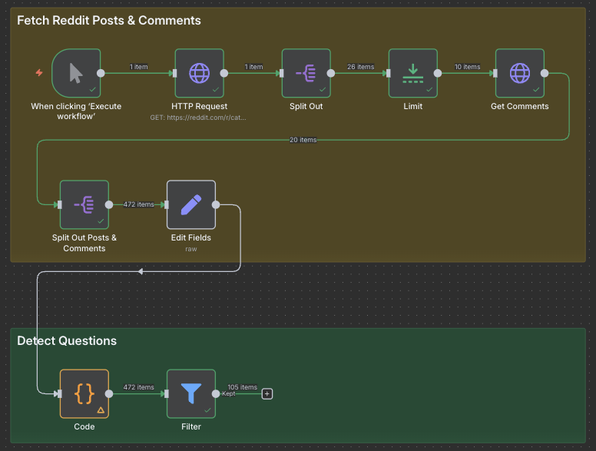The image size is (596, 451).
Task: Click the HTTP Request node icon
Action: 199,73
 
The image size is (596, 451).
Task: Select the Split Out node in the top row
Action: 306,73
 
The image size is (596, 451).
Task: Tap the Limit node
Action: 412,73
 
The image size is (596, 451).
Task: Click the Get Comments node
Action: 519,73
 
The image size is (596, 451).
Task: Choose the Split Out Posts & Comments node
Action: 84,204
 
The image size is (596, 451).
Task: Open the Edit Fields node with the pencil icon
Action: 190,204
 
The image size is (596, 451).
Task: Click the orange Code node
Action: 84,393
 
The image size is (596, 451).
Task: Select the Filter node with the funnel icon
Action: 190,393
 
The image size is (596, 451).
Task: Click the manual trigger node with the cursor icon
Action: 76,73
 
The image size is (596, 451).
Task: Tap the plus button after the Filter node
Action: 267,393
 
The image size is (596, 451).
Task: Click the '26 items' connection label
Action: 360,67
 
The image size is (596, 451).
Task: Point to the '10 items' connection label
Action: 466,67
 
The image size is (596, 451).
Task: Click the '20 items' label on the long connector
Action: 303,140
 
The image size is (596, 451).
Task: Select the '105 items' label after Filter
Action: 243,387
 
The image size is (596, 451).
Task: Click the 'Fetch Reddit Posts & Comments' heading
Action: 109,21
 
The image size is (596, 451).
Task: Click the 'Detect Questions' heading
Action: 67,340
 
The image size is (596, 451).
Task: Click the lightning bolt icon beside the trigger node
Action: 39,73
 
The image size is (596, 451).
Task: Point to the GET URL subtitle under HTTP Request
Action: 199,118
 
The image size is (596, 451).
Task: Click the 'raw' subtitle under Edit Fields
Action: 191,249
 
